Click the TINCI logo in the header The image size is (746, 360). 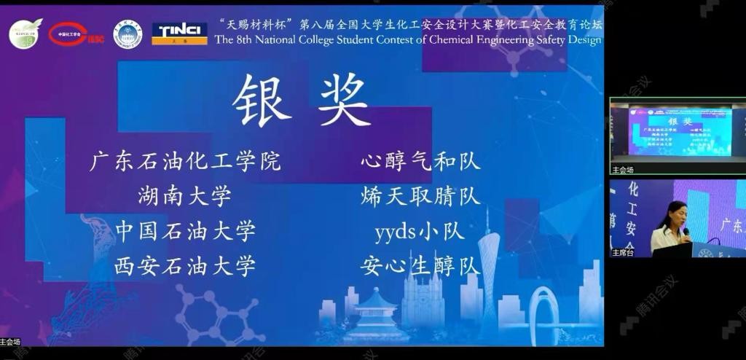pos(179,34)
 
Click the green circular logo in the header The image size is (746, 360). pos(25,34)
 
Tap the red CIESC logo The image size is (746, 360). pos(76,34)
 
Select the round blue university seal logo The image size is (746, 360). pos(127,34)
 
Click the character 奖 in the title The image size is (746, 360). pos(344,101)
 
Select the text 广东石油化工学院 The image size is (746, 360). pos(185,161)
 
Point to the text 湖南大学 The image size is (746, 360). pos(185,196)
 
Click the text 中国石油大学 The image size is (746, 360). pos(185,231)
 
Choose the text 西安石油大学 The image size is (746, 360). pos(185,266)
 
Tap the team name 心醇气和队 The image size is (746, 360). pos(420,161)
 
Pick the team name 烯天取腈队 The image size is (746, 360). pos(420,196)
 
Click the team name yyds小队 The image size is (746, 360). pos(420,232)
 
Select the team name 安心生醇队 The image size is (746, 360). pos(420,266)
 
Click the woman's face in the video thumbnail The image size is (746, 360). pos(674,215)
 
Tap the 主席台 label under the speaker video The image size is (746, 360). pos(623,253)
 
